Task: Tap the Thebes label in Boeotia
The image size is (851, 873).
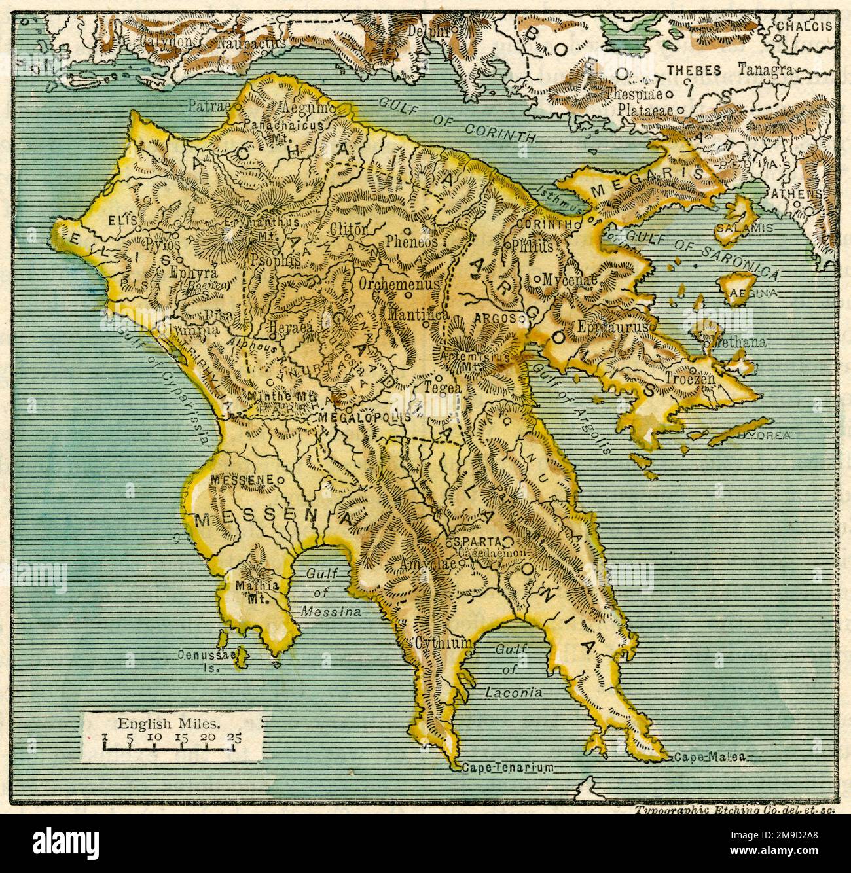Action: click(694, 71)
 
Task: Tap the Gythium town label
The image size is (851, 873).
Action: click(442, 643)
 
